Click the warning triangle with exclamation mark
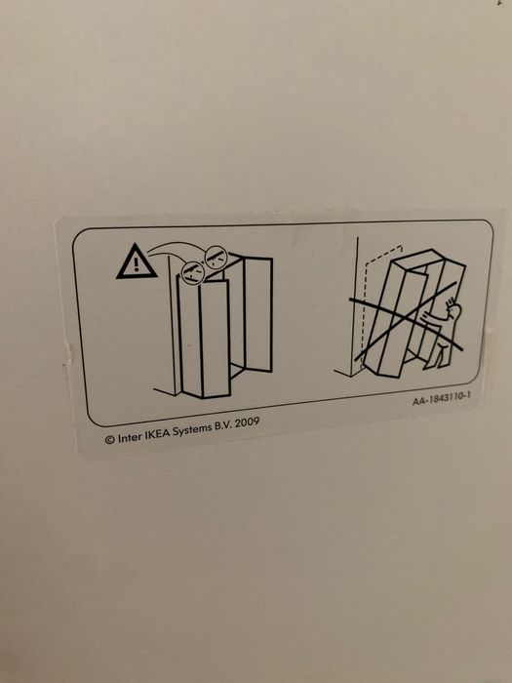(137, 263)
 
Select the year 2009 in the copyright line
(247, 423)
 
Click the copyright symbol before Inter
(109, 440)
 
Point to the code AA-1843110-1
(441, 398)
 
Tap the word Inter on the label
(130, 437)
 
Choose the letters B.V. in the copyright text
(222, 426)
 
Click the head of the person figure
(454, 310)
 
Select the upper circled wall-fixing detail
(216, 257)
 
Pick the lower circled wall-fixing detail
(193, 273)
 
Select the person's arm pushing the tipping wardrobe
(434, 319)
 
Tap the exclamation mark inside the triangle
(137, 264)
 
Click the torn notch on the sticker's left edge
(67, 353)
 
